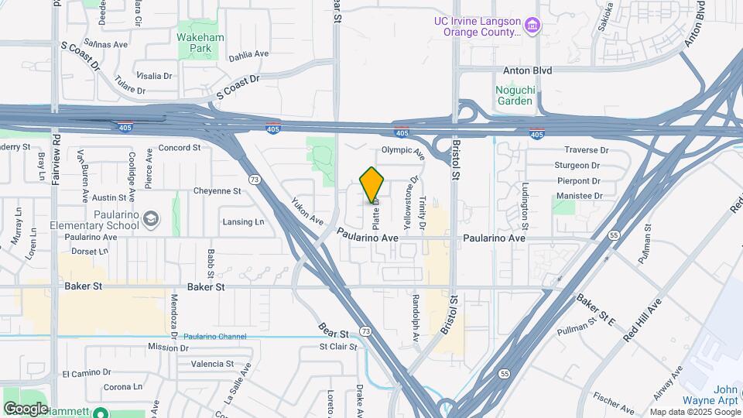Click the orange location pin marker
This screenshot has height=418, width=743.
(x=372, y=185)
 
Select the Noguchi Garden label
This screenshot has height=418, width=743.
(x=514, y=95)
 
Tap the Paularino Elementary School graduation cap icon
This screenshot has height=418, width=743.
(x=152, y=220)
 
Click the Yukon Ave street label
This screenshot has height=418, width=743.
(x=307, y=210)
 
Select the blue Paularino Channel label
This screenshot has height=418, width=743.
(x=215, y=337)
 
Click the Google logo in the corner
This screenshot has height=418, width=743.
(x=26, y=408)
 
